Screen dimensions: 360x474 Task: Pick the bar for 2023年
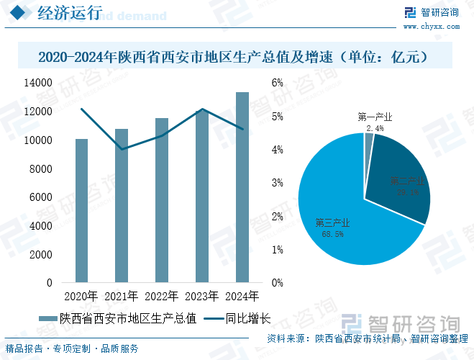pos(202,196)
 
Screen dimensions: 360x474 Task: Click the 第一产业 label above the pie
pos(375,117)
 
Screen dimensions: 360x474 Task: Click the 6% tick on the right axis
pos(277,83)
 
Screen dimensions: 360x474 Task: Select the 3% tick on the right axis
pos(277,183)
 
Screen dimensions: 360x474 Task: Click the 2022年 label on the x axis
pos(162,296)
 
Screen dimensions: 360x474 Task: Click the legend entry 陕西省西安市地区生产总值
pos(126,318)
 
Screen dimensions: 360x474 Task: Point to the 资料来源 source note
pos(367,338)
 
